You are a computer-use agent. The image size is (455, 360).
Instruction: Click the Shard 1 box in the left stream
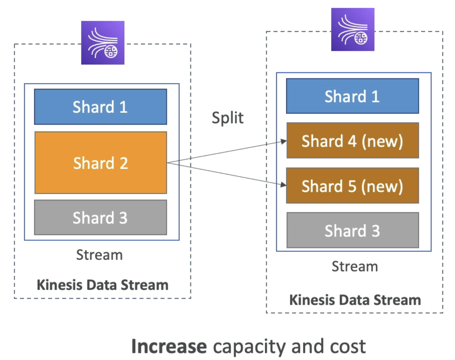(100, 107)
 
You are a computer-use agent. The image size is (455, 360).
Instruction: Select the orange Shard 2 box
(101, 162)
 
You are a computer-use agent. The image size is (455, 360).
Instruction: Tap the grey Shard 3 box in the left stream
(100, 217)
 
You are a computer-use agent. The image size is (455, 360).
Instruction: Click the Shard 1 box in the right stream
(352, 96)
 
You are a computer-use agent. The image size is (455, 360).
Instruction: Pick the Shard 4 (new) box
(353, 140)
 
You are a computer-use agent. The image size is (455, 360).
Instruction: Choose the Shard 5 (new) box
(352, 186)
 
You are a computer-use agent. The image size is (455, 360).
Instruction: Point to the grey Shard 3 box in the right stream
(353, 230)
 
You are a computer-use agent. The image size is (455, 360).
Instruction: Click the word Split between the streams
(228, 118)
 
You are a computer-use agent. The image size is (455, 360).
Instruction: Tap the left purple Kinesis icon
(103, 43)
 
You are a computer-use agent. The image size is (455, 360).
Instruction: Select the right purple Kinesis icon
(353, 29)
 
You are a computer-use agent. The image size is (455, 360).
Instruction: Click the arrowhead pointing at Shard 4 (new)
(284, 141)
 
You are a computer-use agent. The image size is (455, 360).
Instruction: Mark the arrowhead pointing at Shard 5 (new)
(284, 185)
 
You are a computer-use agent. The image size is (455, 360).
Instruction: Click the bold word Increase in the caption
(169, 346)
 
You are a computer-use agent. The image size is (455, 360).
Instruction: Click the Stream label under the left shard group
(99, 255)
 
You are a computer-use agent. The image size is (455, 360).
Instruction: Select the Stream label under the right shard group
(355, 266)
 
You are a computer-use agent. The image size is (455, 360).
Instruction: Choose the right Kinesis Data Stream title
(355, 300)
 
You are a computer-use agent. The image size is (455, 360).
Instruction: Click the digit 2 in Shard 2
(124, 163)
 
